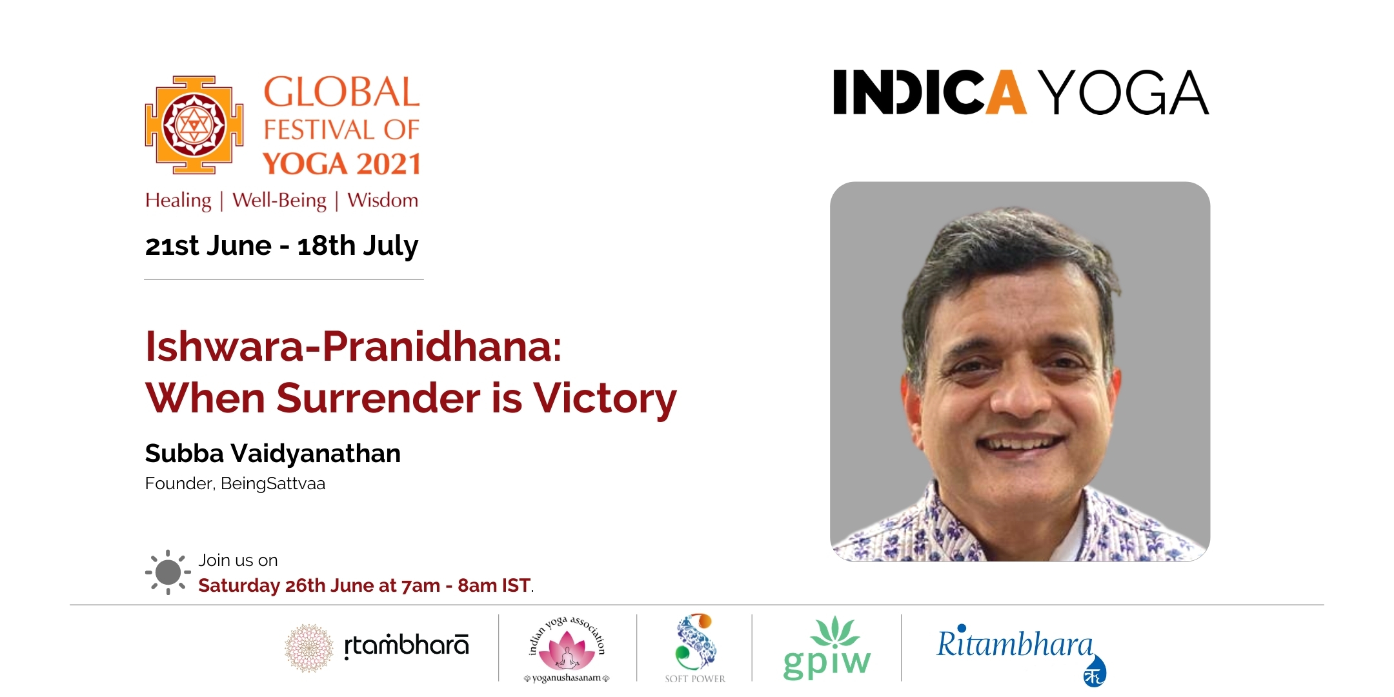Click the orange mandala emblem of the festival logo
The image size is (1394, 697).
[194, 125]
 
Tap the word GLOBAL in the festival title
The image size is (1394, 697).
[342, 92]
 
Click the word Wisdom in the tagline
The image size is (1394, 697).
[383, 200]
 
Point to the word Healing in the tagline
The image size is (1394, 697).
[178, 201]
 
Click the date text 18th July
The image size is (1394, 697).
[358, 246]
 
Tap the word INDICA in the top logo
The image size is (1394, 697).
[929, 92]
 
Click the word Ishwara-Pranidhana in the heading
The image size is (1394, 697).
[353, 347]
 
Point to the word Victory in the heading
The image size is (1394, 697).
[605, 398]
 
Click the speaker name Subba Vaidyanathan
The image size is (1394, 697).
[272, 454]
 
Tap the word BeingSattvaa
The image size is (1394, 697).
[273, 483]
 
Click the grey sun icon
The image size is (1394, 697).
[168, 572]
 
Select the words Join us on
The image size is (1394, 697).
[238, 560]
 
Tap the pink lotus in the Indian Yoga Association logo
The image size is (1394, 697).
[567, 651]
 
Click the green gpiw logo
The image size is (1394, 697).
[827, 648]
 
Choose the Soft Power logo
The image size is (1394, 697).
[695, 647]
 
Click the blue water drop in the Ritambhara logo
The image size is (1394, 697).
[1095, 671]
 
